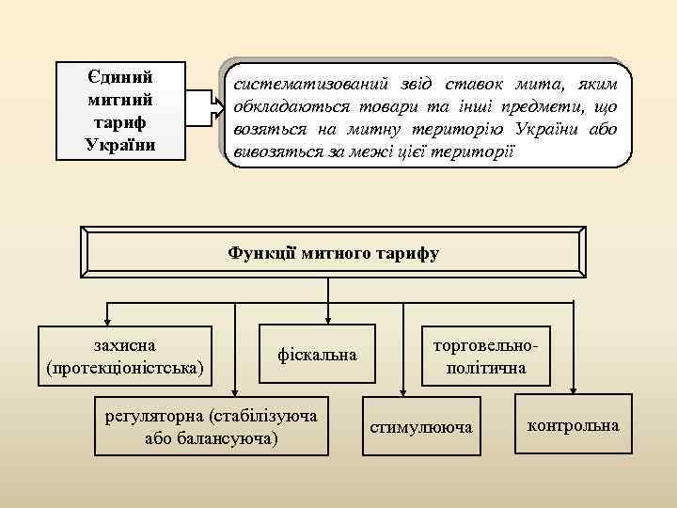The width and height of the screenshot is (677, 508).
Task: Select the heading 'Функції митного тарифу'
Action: click(x=333, y=253)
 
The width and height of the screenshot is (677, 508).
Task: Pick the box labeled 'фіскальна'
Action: click(x=317, y=355)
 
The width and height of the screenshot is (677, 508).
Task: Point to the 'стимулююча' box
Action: click(x=420, y=426)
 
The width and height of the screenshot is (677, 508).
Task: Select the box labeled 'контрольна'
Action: click(x=574, y=425)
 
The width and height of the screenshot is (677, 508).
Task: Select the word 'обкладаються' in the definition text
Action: click(x=282, y=106)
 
